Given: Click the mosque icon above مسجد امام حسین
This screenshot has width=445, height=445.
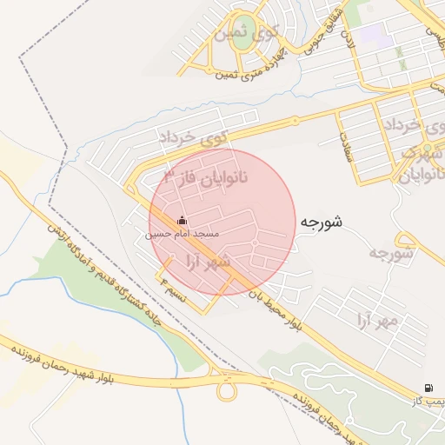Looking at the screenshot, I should pyautogui.click(x=181, y=220).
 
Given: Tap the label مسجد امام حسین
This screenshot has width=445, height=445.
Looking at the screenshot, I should pyautogui.click(x=182, y=235).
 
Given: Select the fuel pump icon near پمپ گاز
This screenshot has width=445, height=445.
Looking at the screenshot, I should pyautogui.click(x=428, y=388).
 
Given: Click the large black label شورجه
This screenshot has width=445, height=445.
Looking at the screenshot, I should pyautogui.click(x=322, y=222).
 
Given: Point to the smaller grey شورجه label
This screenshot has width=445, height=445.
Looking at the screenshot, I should pyautogui.click(x=389, y=254).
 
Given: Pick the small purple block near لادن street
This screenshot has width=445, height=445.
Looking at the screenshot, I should pyautogui.click(x=374, y=35).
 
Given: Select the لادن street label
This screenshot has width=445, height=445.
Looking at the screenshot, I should pyautogui.click(x=347, y=39).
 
